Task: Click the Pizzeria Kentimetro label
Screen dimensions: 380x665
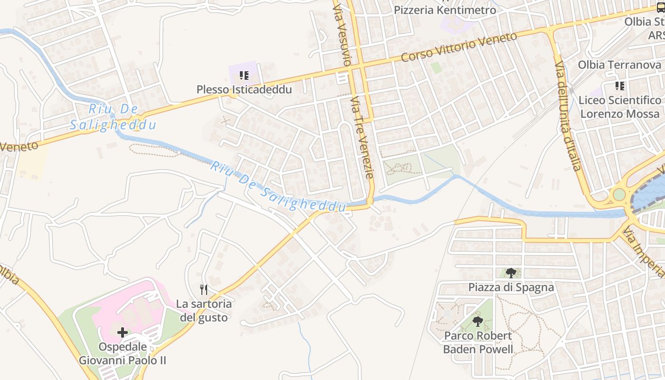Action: (445, 10)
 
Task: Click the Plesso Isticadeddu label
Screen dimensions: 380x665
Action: (244, 89)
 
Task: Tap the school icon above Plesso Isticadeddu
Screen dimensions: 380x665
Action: (244, 76)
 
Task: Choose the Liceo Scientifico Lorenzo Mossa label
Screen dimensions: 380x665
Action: (619, 107)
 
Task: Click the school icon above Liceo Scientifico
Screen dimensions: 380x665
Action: (619, 86)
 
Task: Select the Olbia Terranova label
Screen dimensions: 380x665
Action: (619, 65)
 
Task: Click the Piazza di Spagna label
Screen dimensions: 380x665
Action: (511, 287)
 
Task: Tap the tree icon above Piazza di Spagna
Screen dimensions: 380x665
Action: (511, 273)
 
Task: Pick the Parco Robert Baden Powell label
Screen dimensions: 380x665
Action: (478, 342)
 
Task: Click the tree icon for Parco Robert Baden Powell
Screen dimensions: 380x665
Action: (478, 322)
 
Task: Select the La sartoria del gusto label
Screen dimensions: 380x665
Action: (204, 310)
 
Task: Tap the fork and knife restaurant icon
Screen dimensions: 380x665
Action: (204, 289)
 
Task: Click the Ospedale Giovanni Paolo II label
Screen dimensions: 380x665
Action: (123, 353)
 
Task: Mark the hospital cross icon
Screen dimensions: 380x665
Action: (123, 332)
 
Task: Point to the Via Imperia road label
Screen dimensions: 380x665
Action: (644, 252)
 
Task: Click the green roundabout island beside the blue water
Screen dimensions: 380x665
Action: (619, 194)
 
